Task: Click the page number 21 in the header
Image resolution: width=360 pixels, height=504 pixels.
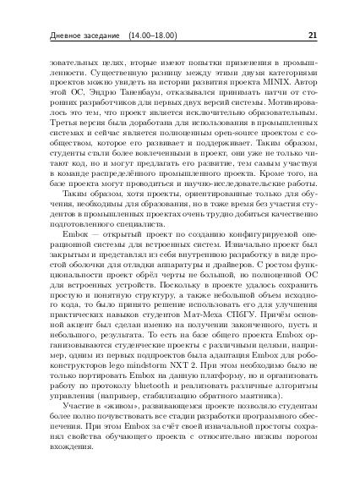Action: point(312,36)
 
